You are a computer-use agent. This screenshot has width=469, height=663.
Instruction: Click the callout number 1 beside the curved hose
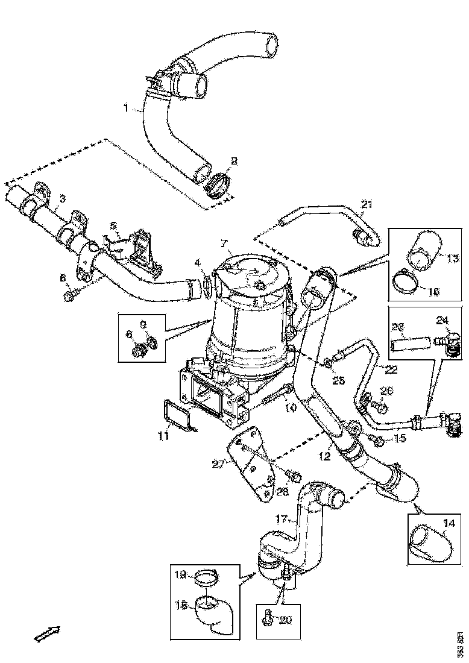(x=126, y=108)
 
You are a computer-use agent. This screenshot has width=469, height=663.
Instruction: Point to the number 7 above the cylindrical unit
(x=224, y=244)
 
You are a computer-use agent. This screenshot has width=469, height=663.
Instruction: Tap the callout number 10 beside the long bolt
(x=291, y=408)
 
